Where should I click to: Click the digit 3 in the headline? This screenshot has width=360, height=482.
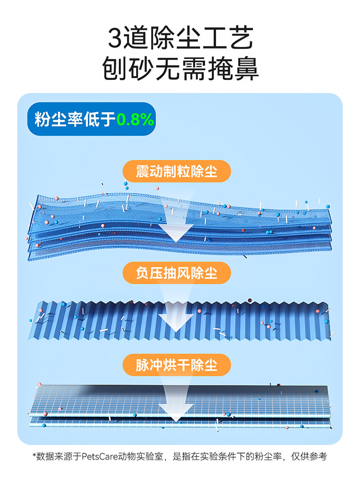pos(116,38)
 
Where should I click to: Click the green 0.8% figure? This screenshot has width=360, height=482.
pos(135,120)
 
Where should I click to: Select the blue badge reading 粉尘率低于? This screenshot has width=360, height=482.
pos(91,119)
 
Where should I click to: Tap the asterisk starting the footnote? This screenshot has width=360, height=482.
pos(34,455)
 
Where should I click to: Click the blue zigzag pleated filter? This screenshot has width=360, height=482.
pos(96,319)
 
